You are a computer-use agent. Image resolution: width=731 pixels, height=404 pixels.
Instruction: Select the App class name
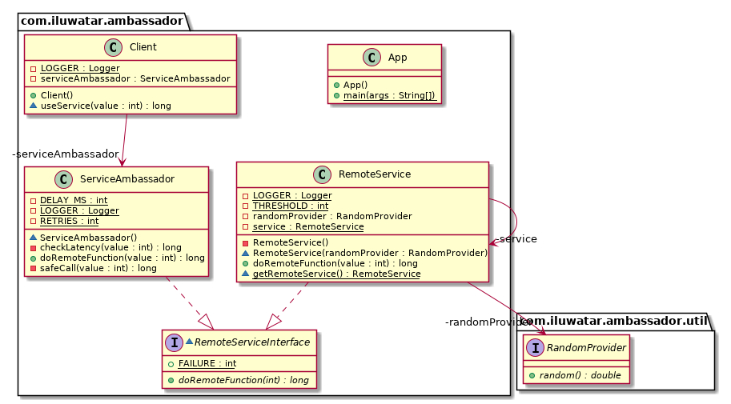point(396,57)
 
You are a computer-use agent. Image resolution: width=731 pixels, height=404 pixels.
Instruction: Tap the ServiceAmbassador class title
point(128,179)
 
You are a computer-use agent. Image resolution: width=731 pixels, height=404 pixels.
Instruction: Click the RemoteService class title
point(375,174)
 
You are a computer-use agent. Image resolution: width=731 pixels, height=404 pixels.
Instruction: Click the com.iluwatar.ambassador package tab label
point(102,18)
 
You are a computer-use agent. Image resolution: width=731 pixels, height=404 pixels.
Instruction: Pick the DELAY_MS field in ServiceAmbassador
point(74,200)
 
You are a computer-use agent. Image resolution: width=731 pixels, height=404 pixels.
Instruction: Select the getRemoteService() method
point(335,274)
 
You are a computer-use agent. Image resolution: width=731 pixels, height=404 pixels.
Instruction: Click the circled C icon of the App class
point(372,57)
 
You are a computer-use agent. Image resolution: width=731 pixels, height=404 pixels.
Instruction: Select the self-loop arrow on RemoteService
point(510,217)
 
